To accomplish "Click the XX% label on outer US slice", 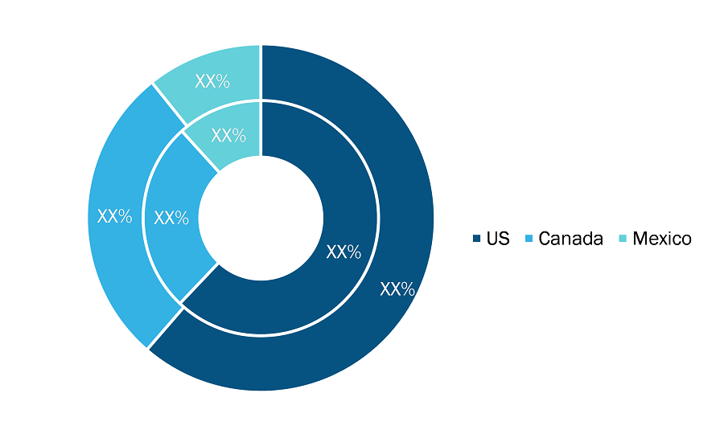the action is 397,289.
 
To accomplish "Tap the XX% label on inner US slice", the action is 343,252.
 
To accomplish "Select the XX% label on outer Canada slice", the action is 114,216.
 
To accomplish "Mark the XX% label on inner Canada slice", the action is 171,218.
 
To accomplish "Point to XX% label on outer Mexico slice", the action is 212,81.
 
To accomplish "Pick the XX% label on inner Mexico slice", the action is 228,135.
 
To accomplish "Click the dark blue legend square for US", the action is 476,239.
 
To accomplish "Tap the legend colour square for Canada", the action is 529,239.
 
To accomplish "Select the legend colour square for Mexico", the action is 623,239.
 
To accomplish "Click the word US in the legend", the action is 498,239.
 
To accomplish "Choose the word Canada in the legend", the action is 570,239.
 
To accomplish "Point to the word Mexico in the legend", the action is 662,239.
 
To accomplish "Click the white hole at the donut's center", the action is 261,218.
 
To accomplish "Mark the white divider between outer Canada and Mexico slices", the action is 169,104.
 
